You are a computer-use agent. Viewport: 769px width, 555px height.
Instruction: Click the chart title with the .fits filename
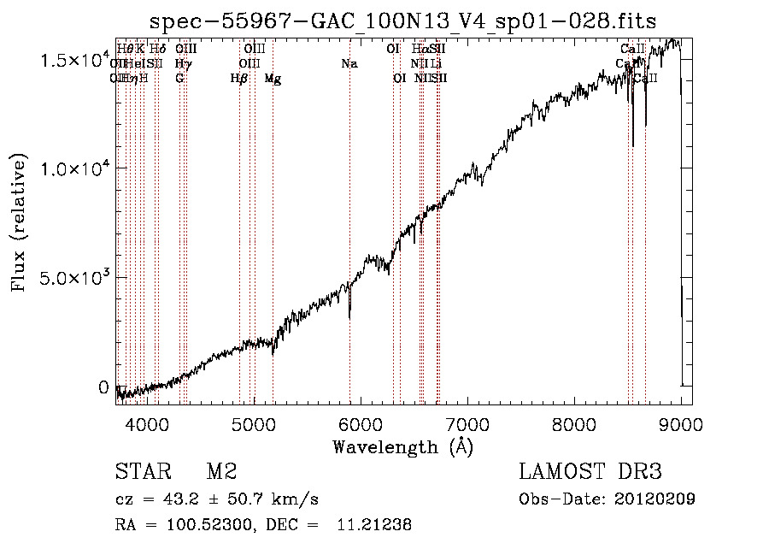point(402,21)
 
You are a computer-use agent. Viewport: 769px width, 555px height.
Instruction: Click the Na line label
point(349,63)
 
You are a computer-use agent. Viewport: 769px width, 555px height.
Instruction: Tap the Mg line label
point(273,79)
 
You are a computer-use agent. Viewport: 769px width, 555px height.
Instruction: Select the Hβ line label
point(239,79)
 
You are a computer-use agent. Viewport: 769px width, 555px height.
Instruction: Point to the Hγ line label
point(182,63)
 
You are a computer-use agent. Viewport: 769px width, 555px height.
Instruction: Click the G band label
point(179,78)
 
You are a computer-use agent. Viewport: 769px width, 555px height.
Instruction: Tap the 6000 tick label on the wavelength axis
point(361,423)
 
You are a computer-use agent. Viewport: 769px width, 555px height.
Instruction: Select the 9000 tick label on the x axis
point(681,423)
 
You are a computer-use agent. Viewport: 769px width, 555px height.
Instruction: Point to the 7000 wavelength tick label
point(467,423)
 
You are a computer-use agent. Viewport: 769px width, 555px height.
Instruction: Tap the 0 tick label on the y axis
point(104,387)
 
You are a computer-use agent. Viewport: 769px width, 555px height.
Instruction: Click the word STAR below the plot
point(143,472)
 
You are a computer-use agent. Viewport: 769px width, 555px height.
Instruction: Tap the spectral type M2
point(221,472)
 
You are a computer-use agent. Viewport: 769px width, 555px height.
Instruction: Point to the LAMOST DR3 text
point(590,472)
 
